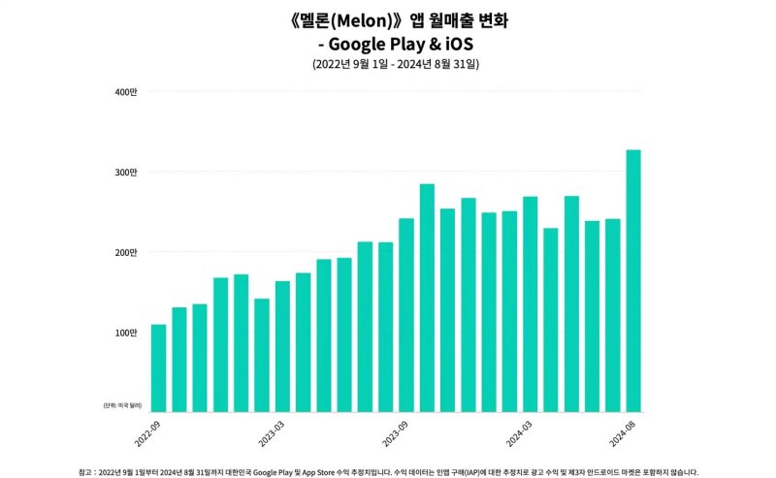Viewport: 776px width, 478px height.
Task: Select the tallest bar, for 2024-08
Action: pos(633,280)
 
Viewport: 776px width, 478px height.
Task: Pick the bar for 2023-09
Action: pos(406,314)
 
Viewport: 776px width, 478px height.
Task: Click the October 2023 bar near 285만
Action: pos(427,297)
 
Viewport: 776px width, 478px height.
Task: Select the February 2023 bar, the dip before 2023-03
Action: pos(262,355)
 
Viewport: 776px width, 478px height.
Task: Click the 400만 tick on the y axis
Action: pos(126,92)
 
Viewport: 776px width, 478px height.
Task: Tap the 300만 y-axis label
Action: pos(126,173)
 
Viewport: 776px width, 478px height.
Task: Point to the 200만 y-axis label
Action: pos(126,253)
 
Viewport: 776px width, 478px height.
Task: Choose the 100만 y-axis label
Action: pos(126,334)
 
